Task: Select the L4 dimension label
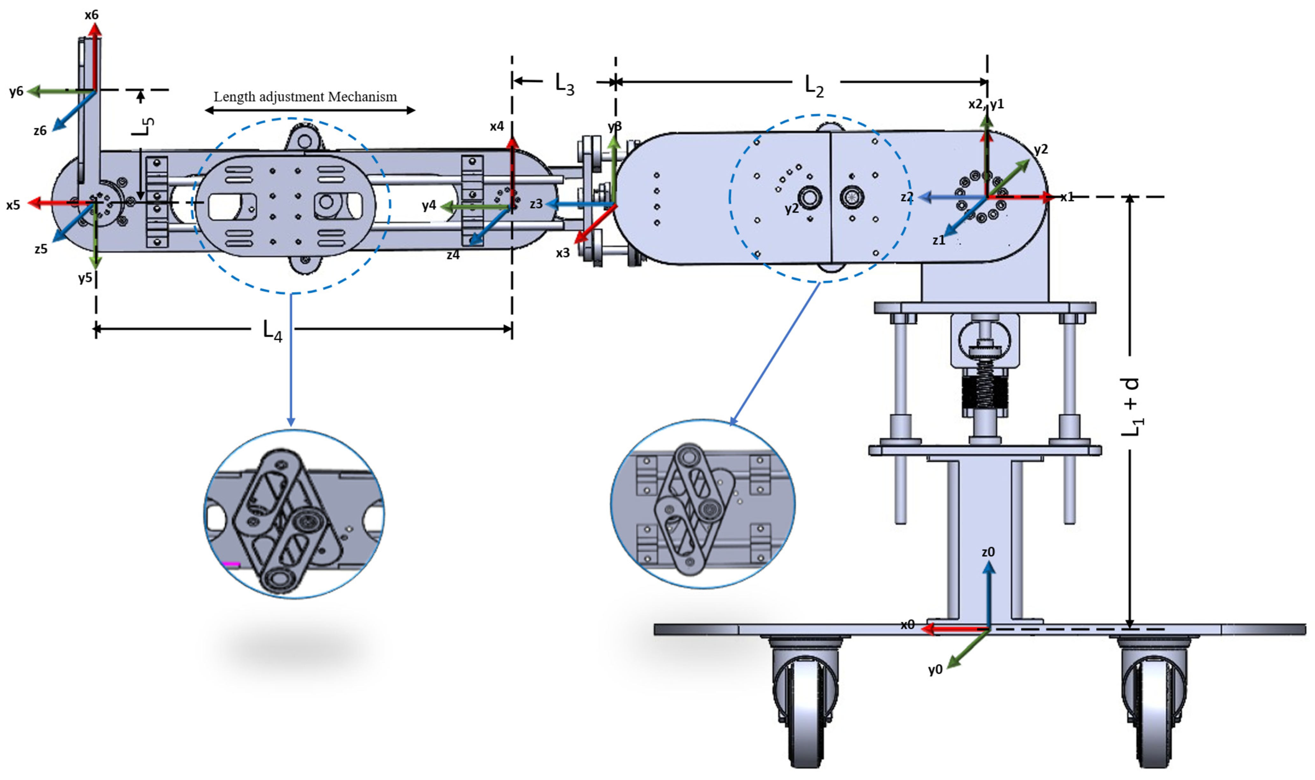tap(272, 332)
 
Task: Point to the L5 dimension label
tap(142, 126)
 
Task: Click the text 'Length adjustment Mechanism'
tap(305, 97)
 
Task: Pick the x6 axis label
tap(91, 15)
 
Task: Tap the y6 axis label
tap(16, 91)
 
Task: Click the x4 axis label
tap(497, 126)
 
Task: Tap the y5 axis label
tap(85, 278)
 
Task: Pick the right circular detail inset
tap(703, 503)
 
